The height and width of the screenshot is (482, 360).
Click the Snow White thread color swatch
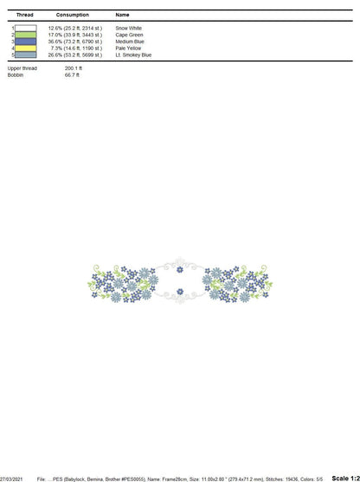25,29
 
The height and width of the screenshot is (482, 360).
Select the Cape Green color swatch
25,35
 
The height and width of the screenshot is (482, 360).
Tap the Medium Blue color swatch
25,42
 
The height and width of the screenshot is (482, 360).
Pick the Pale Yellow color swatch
25,48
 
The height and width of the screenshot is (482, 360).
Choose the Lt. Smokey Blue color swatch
25,55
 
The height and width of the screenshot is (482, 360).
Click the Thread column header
24,15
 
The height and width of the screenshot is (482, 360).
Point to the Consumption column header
73,15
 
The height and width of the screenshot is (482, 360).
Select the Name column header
122,15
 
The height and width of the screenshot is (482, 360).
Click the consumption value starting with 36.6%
75,42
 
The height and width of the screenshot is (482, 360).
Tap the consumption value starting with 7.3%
76,48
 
